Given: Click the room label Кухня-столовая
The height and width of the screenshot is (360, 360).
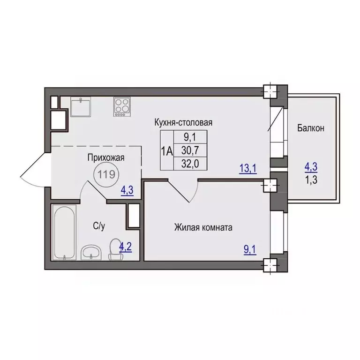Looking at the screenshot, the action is pos(183,122).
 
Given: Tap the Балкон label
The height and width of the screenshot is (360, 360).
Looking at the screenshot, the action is pos(311,128).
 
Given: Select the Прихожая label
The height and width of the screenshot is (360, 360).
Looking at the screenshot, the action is pos(106,157).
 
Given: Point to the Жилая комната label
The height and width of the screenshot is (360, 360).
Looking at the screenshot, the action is pos(203,227).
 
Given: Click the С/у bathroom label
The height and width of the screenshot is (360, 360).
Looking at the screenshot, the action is pos(99,226).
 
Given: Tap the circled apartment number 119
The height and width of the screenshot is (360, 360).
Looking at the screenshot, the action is pos(106,175).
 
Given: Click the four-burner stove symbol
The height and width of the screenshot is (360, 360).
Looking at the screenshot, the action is pos(122,106).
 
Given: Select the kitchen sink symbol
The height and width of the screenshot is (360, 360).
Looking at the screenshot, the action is pos(81,106).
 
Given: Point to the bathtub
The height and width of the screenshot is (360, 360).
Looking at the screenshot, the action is pos(64,232).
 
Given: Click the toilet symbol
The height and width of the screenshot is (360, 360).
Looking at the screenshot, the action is pos(116,249).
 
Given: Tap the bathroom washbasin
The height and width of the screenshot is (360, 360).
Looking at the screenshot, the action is pos(91,253).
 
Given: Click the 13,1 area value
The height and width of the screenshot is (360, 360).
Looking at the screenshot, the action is pos(247,169).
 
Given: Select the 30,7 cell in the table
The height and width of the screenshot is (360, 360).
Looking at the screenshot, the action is pos(190,150).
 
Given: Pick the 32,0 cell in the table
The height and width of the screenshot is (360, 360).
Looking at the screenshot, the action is pos(190,164).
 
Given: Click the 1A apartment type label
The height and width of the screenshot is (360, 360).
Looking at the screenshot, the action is pos(167,151).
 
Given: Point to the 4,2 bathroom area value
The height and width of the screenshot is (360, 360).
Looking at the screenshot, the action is pos(126,247).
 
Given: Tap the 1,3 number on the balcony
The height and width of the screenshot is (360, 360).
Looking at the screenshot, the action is pos(311,180).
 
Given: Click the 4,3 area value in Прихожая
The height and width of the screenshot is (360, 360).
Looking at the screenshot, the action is pos(127,191).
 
